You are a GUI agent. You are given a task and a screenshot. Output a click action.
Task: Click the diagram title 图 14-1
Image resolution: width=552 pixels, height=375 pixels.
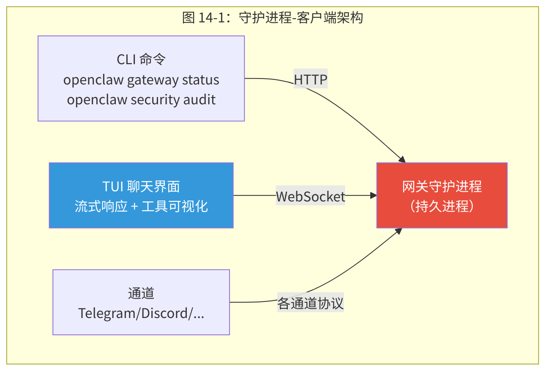click(273, 18)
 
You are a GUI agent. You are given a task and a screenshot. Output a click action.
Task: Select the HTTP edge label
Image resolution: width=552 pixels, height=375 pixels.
click(311, 79)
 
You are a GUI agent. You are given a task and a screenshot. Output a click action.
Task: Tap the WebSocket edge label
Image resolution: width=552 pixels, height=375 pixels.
click(310, 196)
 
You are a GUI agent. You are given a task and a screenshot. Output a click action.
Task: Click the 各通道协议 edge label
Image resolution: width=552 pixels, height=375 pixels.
click(310, 303)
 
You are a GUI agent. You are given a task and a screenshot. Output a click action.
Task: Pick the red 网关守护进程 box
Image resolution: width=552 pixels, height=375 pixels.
click(442, 196)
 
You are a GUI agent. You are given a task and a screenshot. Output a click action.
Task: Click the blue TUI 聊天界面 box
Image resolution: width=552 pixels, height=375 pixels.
click(141, 196)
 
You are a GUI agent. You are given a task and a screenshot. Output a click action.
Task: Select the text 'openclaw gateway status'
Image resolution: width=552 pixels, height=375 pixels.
click(141, 80)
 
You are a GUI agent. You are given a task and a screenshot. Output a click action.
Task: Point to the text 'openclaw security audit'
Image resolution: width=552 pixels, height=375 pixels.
click(141, 100)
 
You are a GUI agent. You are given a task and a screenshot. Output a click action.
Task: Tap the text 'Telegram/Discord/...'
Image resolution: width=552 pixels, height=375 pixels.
click(141, 313)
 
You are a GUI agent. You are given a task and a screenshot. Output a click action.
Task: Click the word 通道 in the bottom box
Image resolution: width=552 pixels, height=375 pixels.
click(141, 293)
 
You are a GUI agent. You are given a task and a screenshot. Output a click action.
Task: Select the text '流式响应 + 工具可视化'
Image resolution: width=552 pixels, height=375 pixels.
click(141, 206)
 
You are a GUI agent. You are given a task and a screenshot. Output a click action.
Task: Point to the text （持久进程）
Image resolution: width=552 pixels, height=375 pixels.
click(442, 206)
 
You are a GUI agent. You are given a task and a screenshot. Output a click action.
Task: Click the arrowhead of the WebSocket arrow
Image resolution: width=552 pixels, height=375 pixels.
click(373, 196)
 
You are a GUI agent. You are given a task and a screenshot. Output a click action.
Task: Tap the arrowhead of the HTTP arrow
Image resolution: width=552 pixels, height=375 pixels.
click(402, 160)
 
